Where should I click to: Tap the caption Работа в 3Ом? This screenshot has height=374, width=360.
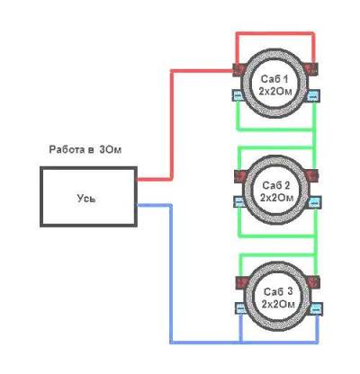[85, 149]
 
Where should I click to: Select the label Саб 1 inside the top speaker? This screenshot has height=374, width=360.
[274, 79]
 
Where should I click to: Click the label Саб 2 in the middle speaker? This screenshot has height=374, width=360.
[276, 185]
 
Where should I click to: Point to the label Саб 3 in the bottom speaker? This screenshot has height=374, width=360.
[278, 292]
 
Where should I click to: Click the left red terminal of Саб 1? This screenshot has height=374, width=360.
[240, 69]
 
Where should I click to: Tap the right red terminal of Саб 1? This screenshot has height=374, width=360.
[311, 68]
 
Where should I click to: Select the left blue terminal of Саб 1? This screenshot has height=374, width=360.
[238, 95]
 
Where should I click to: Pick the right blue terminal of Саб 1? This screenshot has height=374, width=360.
[313, 95]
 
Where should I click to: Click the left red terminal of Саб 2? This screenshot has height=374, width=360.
[241, 176]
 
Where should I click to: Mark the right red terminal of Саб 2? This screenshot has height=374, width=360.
[312, 175]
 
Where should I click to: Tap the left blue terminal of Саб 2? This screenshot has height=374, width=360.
[240, 201]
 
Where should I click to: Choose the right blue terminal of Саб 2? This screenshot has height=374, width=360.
[315, 201]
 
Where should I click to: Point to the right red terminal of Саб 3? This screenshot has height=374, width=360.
[313, 281]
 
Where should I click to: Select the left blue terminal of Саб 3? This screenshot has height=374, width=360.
[241, 308]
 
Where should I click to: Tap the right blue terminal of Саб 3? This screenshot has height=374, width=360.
[316, 308]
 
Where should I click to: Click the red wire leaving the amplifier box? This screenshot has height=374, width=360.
[172, 125]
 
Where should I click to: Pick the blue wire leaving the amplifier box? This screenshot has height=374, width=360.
[171, 273]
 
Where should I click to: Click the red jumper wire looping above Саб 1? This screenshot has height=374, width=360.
[275, 32]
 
